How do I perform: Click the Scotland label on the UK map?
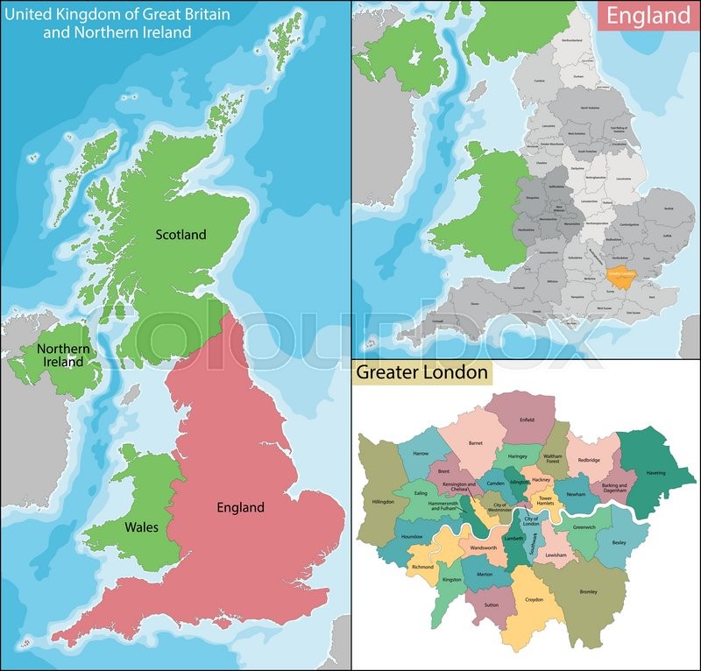click(181, 234)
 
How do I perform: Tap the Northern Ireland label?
click(63, 355)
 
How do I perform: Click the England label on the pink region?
click(240, 507)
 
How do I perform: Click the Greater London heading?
click(421, 372)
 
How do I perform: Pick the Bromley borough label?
click(588, 592)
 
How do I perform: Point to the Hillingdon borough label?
click(384, 503)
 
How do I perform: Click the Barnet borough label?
click(476, 443)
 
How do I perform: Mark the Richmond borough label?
click(422, 567)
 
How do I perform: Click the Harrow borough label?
click(421, 454)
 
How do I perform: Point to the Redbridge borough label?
click(589, 459)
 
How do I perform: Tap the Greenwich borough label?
click(584, 527)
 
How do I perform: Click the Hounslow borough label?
click(411, 536)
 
